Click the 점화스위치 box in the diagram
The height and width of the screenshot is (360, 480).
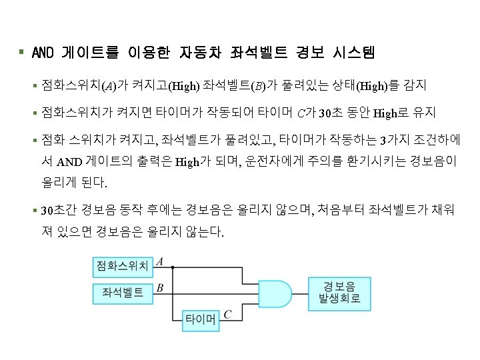coord(121,267)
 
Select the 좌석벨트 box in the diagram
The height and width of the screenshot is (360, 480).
coord(121,292)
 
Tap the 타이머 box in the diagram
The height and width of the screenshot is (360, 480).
coord(201,321)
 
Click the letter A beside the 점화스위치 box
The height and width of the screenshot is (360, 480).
coord(161,262)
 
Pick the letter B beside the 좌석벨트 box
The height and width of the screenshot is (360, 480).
coord(160,287)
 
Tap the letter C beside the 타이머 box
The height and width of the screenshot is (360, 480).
coord(228,314)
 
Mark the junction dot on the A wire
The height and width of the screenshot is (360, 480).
coord(173,268)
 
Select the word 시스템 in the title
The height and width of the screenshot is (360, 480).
coord(350,51)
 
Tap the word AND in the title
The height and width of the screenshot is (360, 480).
coord(43,51)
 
